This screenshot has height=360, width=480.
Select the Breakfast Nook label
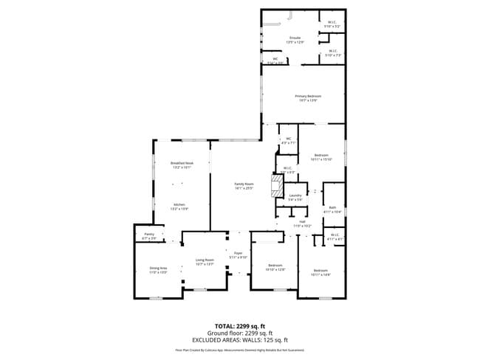(181, 165)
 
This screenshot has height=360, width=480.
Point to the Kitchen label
(179, 206)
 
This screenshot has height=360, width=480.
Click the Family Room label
(244, 185)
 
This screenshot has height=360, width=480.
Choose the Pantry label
(148, 236)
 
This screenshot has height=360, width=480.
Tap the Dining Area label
(158, 270)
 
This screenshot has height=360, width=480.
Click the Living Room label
(205, 261)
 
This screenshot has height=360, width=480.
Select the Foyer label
(239, 255)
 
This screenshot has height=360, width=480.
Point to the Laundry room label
(295, 197)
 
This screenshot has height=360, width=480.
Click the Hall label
(302, 224)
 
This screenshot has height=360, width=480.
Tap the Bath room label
(332, 210)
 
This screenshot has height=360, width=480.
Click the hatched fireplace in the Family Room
(277, 185)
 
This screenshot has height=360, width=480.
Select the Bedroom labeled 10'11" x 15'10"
(321, 157)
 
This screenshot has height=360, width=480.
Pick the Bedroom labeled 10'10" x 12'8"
(275, 267)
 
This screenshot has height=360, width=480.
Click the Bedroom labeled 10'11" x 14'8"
(321, 272)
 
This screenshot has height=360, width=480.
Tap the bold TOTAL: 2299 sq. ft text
(239, 325)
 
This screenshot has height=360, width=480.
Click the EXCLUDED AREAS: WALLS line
(239, 339)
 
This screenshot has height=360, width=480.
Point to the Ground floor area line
(239, 333)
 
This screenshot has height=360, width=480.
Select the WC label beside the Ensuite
(275, 60)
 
